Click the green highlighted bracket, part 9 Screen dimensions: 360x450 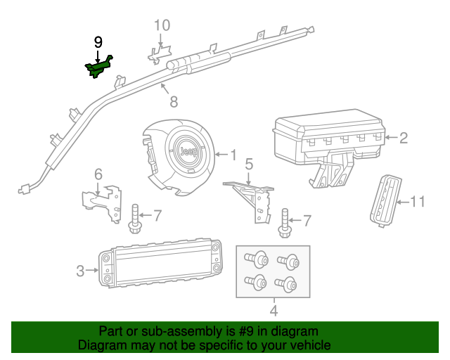pyautogui.click(x=99, y=67)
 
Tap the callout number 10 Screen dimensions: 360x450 pyautogui.click(x=162, y=26)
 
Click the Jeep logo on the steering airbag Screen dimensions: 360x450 pyautogui.click(x=188, y=152)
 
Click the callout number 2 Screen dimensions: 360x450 pyautogui.click(x=404, y=138)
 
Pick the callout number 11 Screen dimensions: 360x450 pyautogui.click(x=418, y=202)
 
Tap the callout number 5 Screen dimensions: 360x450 pyautogui.click(x=249, y=165)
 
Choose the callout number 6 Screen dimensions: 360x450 pyautogui.click(x=98, y=174)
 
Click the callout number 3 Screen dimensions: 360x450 pyautogui.click(x=79, y=270)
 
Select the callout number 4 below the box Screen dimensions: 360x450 pyautogui.click(x=274, y=310)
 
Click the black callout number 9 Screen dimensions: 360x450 pyautogui.click(x=98, y=42)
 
